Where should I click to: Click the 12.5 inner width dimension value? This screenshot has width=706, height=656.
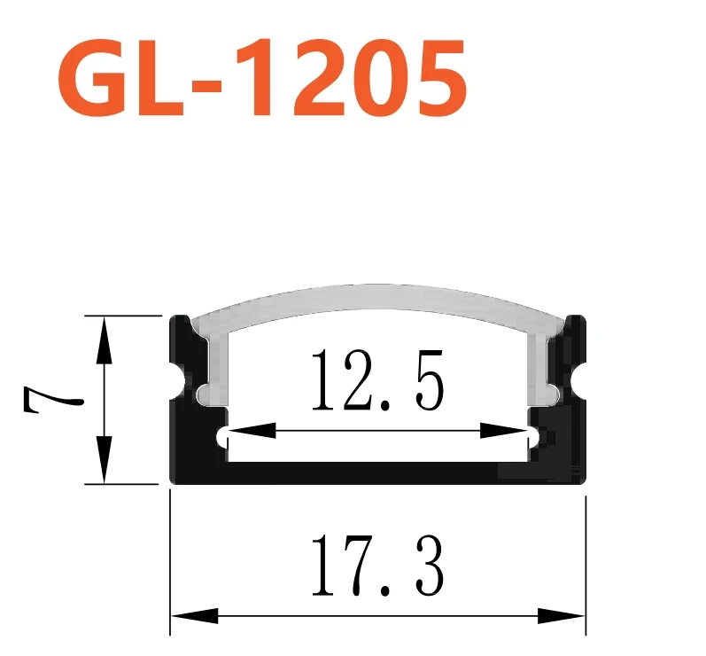point(376,381)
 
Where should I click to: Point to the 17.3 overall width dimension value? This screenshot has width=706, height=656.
point(376,568)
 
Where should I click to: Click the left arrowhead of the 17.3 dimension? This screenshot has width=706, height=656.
point(190,615)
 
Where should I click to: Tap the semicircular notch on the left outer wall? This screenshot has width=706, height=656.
point(189,380)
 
